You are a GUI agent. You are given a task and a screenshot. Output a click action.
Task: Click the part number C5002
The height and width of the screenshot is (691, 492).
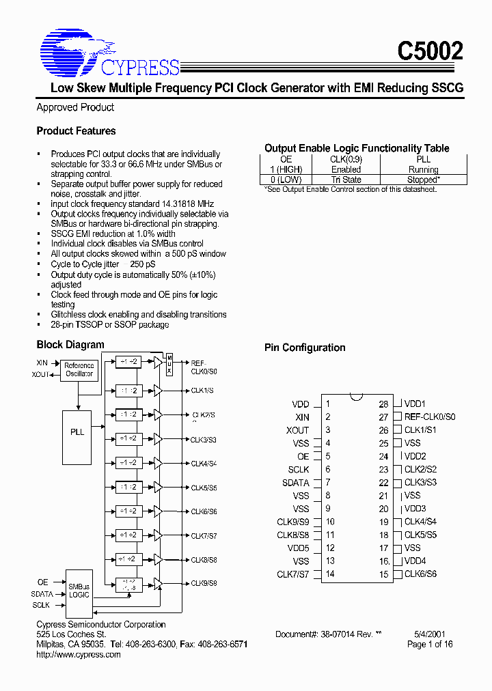point(430,51)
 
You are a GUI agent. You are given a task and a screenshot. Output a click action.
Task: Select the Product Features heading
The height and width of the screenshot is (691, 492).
point(76,131)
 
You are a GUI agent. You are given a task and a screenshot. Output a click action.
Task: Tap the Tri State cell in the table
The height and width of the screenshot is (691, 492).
point(346,180)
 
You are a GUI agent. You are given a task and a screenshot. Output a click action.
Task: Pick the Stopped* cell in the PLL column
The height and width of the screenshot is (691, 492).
point(423,180)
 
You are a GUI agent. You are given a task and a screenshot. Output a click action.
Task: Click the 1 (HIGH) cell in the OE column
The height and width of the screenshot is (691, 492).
point(286,169)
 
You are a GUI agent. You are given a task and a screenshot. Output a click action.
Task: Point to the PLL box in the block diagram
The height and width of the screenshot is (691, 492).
point(78,432)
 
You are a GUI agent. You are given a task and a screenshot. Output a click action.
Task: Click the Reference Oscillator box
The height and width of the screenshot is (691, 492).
point(79,369)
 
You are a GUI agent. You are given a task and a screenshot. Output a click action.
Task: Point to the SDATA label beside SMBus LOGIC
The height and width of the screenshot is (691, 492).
point(42,594)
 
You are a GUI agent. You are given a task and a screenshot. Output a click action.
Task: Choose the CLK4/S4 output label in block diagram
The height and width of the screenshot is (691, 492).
point(204,464)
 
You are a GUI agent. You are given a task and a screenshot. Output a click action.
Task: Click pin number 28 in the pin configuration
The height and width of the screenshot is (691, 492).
point(383,404)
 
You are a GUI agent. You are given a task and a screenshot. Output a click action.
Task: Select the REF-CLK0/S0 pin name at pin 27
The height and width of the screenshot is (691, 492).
point(430,417)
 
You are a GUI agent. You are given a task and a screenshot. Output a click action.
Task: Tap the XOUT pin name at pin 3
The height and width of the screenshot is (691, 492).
point(297,430)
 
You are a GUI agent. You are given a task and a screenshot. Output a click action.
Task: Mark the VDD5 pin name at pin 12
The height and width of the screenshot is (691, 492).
point(298,548)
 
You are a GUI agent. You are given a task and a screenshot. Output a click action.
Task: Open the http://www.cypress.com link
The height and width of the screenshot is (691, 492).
point(78,654)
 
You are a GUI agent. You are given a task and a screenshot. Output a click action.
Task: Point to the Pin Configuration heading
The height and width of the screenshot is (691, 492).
point(305,348)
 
